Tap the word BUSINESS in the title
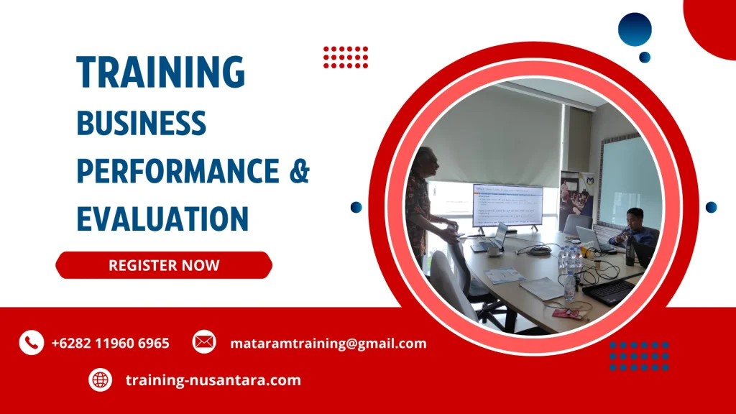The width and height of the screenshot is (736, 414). tap(141, 123)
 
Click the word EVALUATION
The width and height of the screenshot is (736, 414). tap(162, 218)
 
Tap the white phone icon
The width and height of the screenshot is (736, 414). tap(32, 343)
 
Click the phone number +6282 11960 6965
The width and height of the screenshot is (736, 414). tap(111, 344)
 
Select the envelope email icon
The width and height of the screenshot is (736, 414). tap(204, 343)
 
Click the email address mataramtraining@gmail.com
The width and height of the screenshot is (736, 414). tap(328, 344)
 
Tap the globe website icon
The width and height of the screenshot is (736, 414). tap(101, 380)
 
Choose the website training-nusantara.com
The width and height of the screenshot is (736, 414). tap(213, 380)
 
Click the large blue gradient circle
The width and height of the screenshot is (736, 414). tap(635, 29)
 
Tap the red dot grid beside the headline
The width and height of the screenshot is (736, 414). tap(346, 57)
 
